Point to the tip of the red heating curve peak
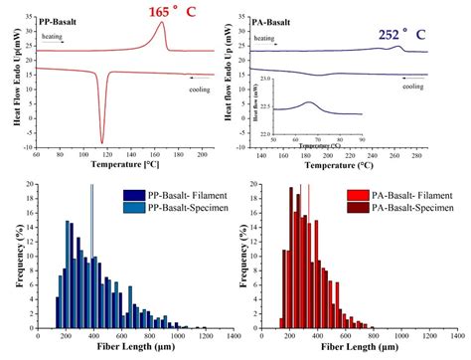click(163, 23)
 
